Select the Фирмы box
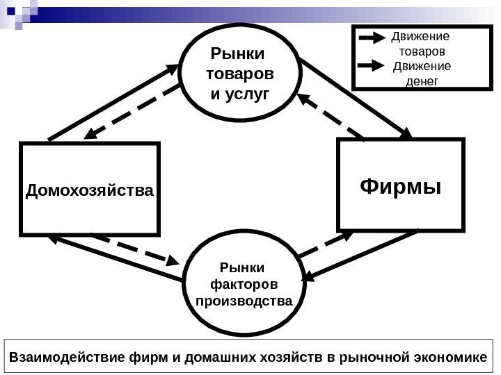[400, 185]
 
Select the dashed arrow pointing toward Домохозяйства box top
[132, 112]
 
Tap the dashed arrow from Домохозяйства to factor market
[136, 249]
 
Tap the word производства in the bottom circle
[241, 301]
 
